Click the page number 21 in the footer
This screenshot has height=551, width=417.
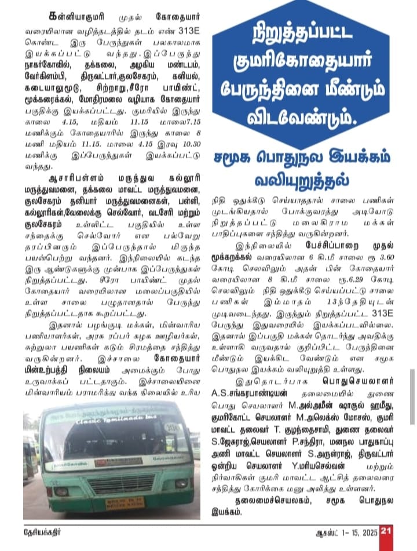coord(387,529)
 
